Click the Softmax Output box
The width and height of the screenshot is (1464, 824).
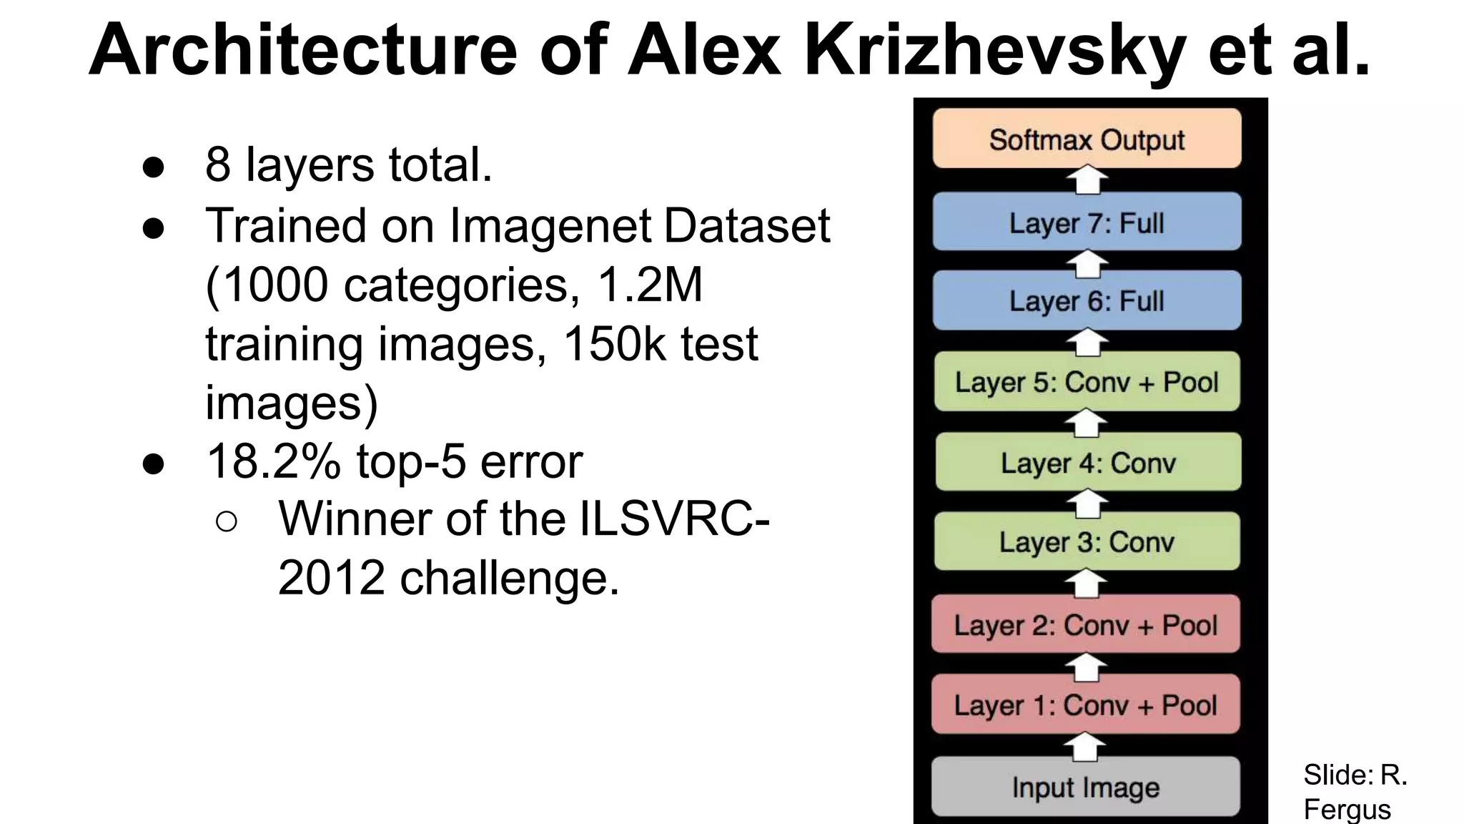tap(1087, 139)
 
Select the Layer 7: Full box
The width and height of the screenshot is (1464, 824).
tap(1087, 222)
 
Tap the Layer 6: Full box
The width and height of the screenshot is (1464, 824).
tap(1087, 300)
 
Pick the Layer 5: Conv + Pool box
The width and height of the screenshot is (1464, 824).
tap(1087, 382)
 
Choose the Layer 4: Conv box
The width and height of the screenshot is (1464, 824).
tap(1087, 462)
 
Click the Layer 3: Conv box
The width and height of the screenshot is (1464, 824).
tap(1087, 541)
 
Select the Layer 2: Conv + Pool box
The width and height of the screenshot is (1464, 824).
tap(1086, 624)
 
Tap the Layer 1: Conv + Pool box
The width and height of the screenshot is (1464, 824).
tap(1085, 705)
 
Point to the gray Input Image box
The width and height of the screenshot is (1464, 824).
tap(1085, 787)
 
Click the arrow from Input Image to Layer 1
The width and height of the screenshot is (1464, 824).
tap(1085, 747)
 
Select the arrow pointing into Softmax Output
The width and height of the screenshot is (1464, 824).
tap(1087, 180)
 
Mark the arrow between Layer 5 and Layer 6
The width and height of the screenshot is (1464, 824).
tap(1087, 342)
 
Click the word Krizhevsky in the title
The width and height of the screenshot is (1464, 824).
tap(994, 50)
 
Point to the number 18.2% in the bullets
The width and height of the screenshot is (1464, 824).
tap(273, 462)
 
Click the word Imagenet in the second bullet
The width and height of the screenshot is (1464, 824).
tap(550, 226)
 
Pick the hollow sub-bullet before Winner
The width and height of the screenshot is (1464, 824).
tap(226, 521)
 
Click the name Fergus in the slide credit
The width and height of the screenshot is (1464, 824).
tap(1347, 809)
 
